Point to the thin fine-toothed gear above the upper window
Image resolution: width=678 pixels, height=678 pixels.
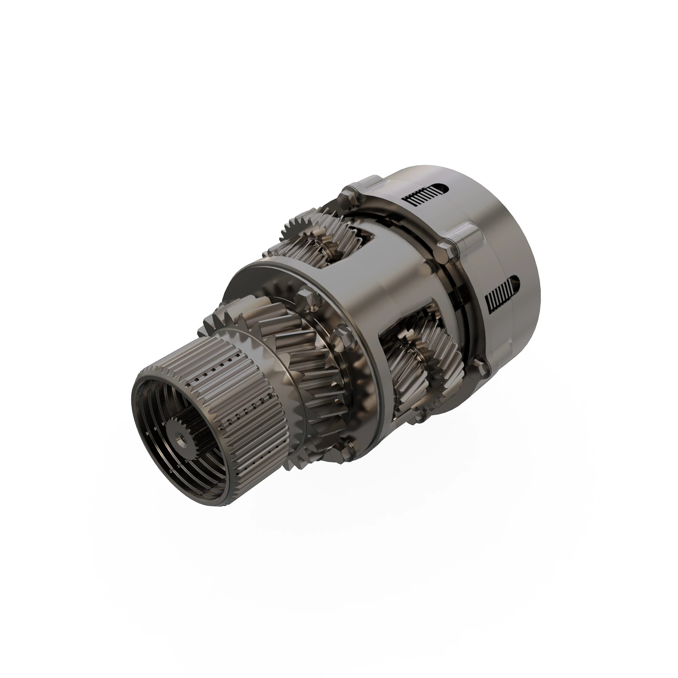tap(295, 228)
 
